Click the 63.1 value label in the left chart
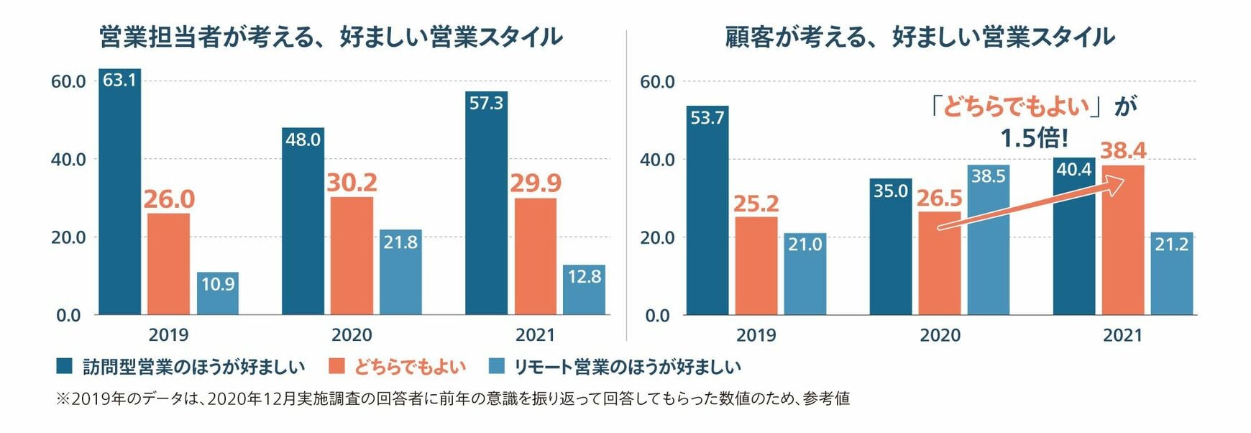click(119, 80)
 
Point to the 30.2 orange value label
click(352, 183)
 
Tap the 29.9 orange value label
click(536, 183)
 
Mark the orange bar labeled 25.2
click(756, 265)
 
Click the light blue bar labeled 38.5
click(988, 241)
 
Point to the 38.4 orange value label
click(1123, 151)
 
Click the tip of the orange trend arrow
click(1122, 183)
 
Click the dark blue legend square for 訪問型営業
click(65, 366)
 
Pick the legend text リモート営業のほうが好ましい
click(627, 367)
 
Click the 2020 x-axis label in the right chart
click(940, 335)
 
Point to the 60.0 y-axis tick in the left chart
click(68, 81)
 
